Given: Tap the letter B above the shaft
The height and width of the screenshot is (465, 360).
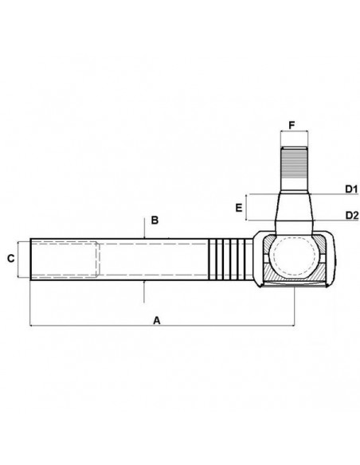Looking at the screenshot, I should pyautogui.click(x=155, y=219).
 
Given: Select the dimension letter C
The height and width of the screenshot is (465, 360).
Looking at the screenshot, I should pyautogui.click(x=11, y=258).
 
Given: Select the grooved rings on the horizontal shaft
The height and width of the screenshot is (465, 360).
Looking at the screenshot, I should pyautogui.click(x=226, y=258).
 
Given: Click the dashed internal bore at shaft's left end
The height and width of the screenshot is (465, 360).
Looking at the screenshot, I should pyautogui.click(x=64, y=258).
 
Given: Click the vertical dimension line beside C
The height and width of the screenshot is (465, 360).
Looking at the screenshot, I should pyautogui.click(x=18, y=258).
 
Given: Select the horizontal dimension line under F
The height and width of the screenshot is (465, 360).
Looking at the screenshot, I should pyautogui.click(x=292, y=135).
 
